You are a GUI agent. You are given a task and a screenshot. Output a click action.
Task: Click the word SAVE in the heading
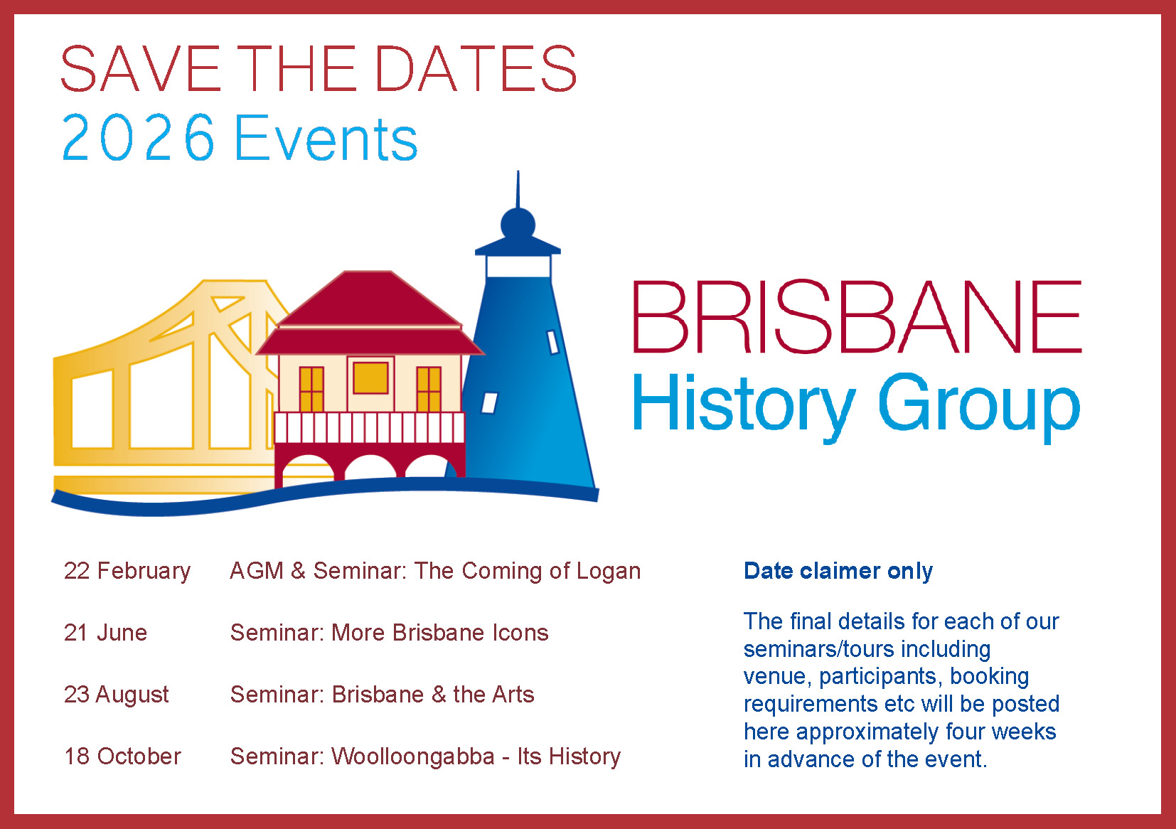point(141,69)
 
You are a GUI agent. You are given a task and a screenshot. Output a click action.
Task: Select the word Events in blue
point(326,137)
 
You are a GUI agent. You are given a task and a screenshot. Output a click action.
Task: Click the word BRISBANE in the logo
point(857,317)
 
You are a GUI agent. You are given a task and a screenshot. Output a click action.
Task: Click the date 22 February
point(127,571)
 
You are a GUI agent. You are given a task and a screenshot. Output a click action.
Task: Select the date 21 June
point(105,633)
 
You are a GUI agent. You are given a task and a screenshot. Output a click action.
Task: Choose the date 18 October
point(122,756)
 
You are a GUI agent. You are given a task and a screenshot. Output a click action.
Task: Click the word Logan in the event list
point(609,572)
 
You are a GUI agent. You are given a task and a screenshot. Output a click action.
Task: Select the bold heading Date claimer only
point(838,571)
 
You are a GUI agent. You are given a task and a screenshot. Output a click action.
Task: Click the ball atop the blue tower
point(518,224)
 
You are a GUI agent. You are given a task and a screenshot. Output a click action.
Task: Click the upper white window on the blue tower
point(553,342)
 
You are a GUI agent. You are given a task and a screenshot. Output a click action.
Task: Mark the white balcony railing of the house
point(369,427)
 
